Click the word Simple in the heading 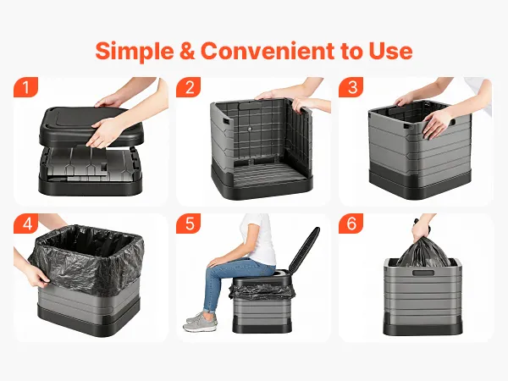pos(135,51)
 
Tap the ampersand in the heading pos(187,51)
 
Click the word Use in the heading pos(390,51)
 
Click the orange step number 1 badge pos(25,87)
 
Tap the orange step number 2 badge pos(189,87)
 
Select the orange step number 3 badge pos(351,87)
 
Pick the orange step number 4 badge pos(25,224)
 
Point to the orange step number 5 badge pos(189,224)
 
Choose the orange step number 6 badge pos(351,224)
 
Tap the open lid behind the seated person pos(304,250)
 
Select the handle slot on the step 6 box pos(423,273)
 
